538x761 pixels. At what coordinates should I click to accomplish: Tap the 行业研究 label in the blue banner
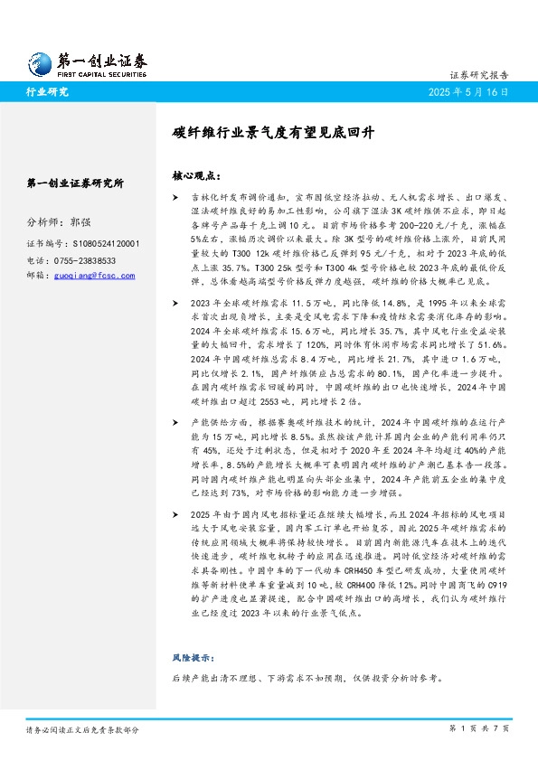(x=48, y=91)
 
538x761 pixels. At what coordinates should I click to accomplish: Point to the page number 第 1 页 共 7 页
(x=479, y=728)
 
